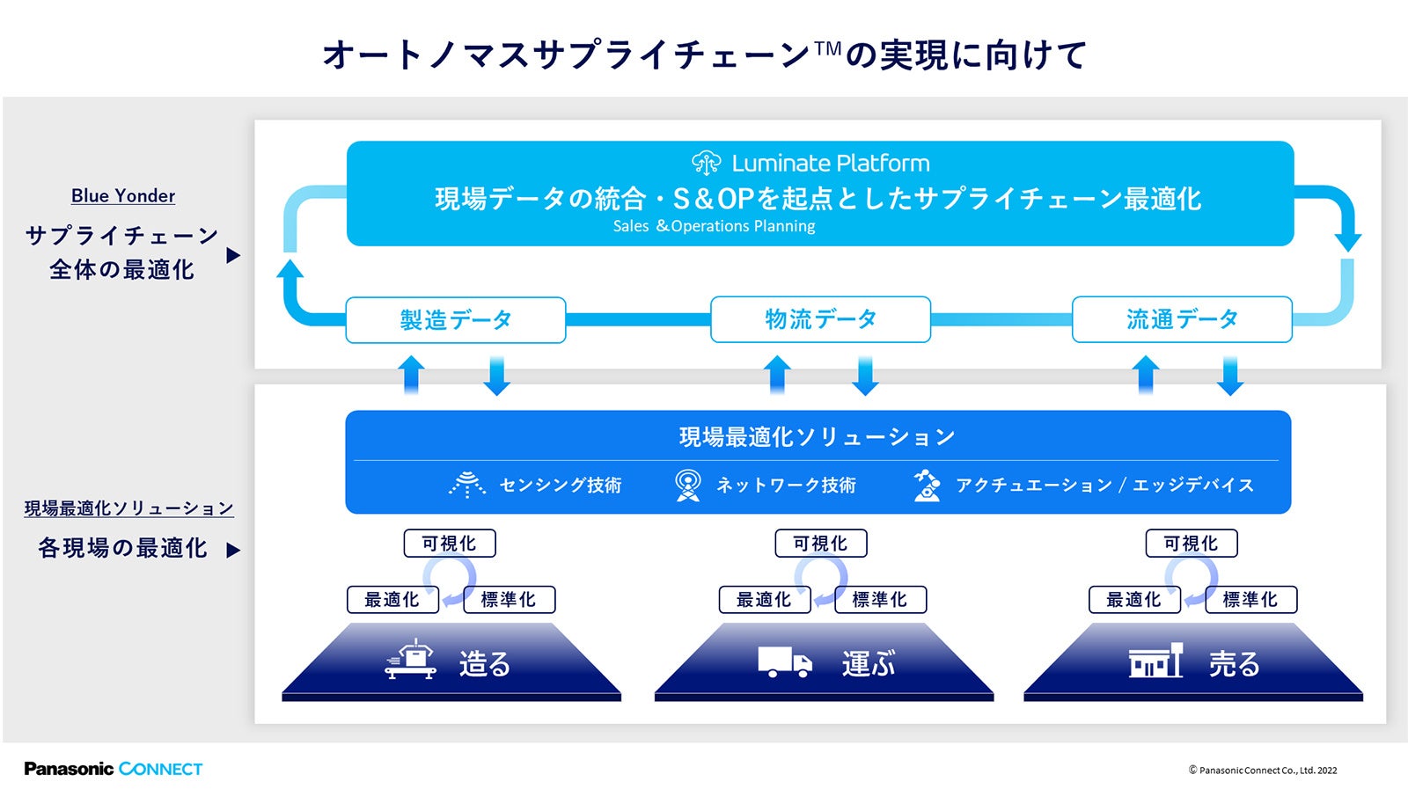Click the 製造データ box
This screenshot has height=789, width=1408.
pos(455,320)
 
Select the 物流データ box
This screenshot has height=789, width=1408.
pos(820,319)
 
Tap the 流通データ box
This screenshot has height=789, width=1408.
pos(1182,319)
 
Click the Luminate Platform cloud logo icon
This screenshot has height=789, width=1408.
pos(706,163)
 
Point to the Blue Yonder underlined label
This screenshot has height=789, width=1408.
pos(123,196)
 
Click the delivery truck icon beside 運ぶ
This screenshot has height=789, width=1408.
pos(784,662)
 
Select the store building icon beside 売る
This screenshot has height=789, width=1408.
pos(1155,661)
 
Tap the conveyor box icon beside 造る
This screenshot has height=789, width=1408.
pos(411,660)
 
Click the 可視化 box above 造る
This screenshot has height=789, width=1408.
pos(450,544)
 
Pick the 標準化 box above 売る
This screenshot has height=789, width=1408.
pos(1250,600)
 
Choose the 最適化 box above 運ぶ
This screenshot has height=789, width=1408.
pos(764,600)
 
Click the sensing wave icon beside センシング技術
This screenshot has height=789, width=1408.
pos(467,485)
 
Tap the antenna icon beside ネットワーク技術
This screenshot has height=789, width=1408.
pos(687,485)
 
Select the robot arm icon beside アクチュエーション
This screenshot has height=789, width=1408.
pos(926,485)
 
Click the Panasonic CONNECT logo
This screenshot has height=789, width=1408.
pos(114,769)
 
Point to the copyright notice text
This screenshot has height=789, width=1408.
pos(1263,771)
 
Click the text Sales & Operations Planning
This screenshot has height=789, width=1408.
pos(714,226)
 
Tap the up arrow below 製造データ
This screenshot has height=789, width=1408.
pos(411,375)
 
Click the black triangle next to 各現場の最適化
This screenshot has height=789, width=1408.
pos(233,551)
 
